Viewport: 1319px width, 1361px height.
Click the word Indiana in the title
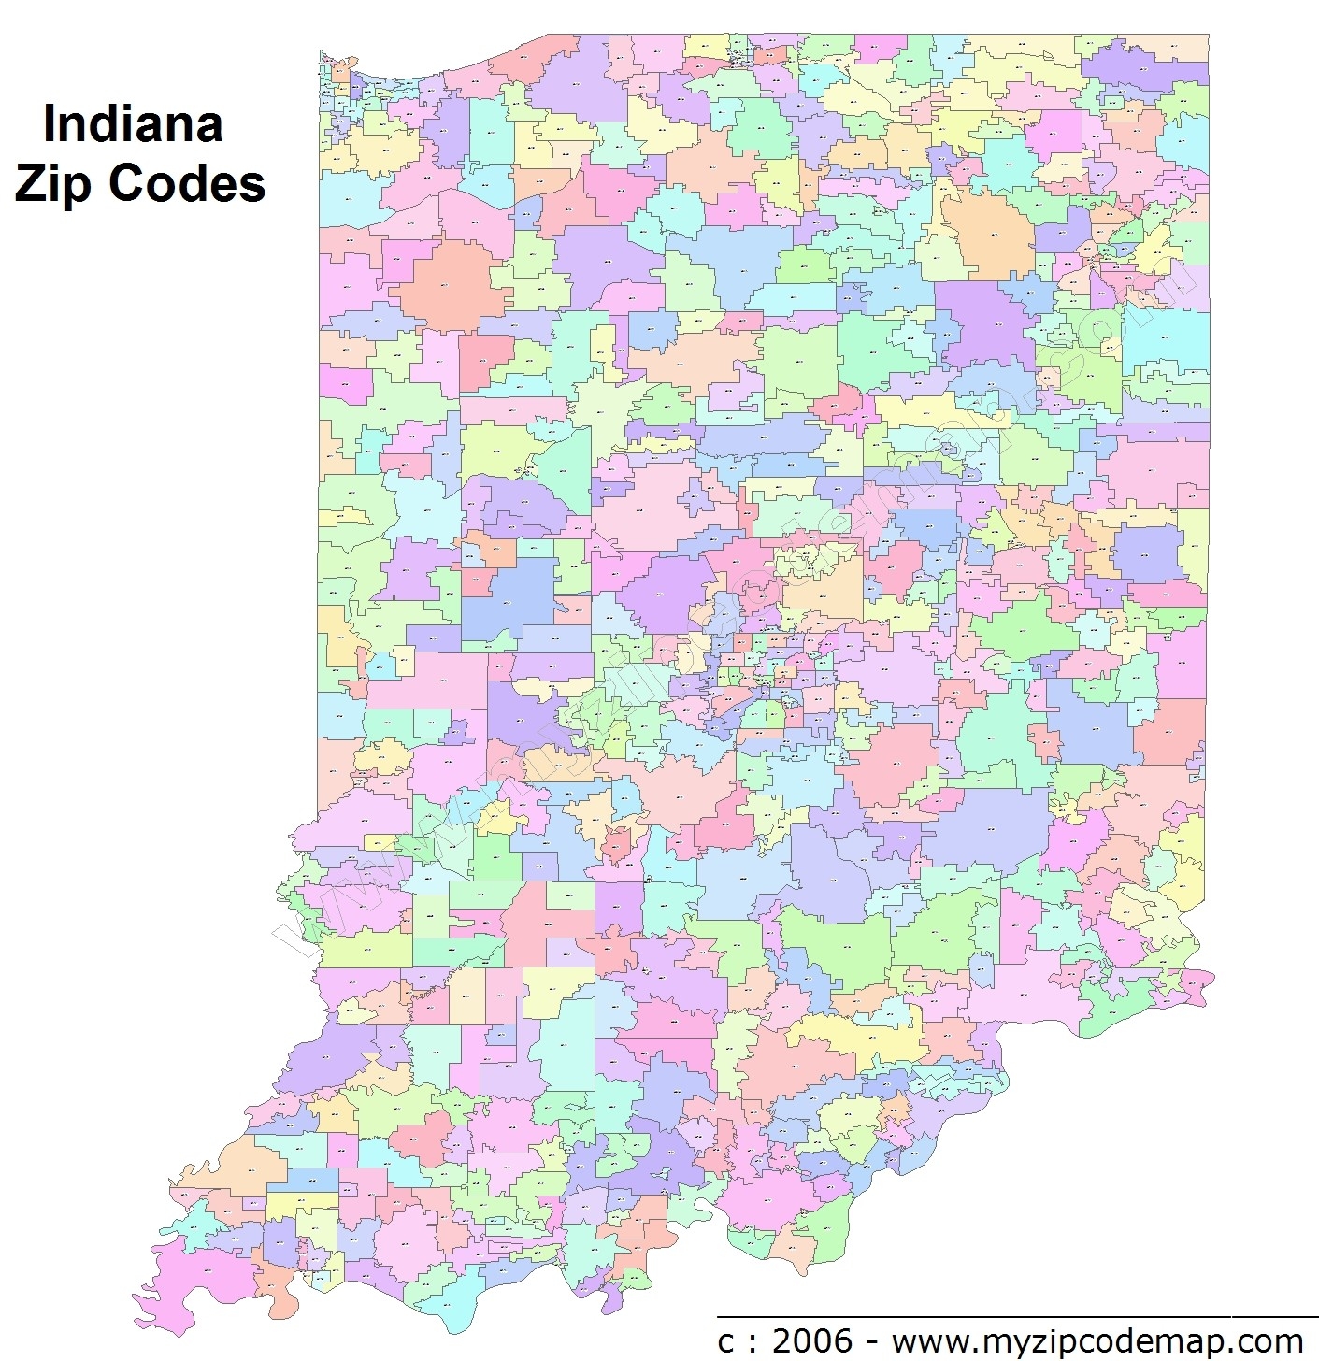pyautogui.click(x=133, y=124)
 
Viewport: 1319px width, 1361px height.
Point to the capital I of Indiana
pyautogui.click(x=50, y=124)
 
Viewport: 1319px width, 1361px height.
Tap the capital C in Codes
pyautogui.click(x=127, y=183)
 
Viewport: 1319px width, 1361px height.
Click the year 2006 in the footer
pyautogui.click(x=812, y=1340)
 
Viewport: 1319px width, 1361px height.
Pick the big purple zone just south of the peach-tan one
pyautogui.click(x=982, y=322)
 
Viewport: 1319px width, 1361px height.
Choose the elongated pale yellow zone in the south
pyautogui.click(x=855, y=1038)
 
